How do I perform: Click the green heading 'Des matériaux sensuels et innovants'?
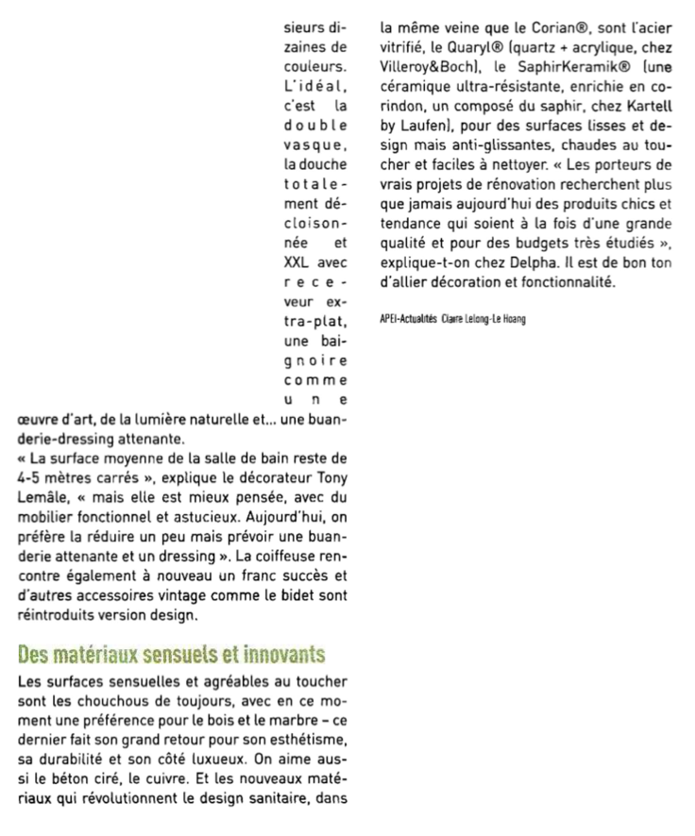coord(172,654)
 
